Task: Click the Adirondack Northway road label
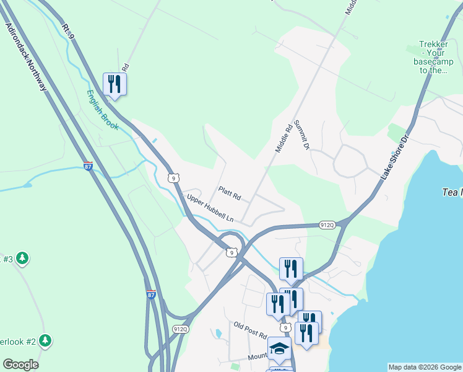pos(26,58)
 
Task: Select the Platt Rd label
pos(229,193)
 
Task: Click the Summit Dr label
pos(301,135)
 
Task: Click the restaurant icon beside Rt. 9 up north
pos(115,84)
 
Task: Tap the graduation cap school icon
pos(279,348)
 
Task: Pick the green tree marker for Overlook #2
pos(45,340)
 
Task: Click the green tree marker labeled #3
pos(23,257)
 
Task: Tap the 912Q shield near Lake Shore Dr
pos(327,224)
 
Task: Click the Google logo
pos(20,365)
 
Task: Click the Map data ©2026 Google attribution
pos(425,367)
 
